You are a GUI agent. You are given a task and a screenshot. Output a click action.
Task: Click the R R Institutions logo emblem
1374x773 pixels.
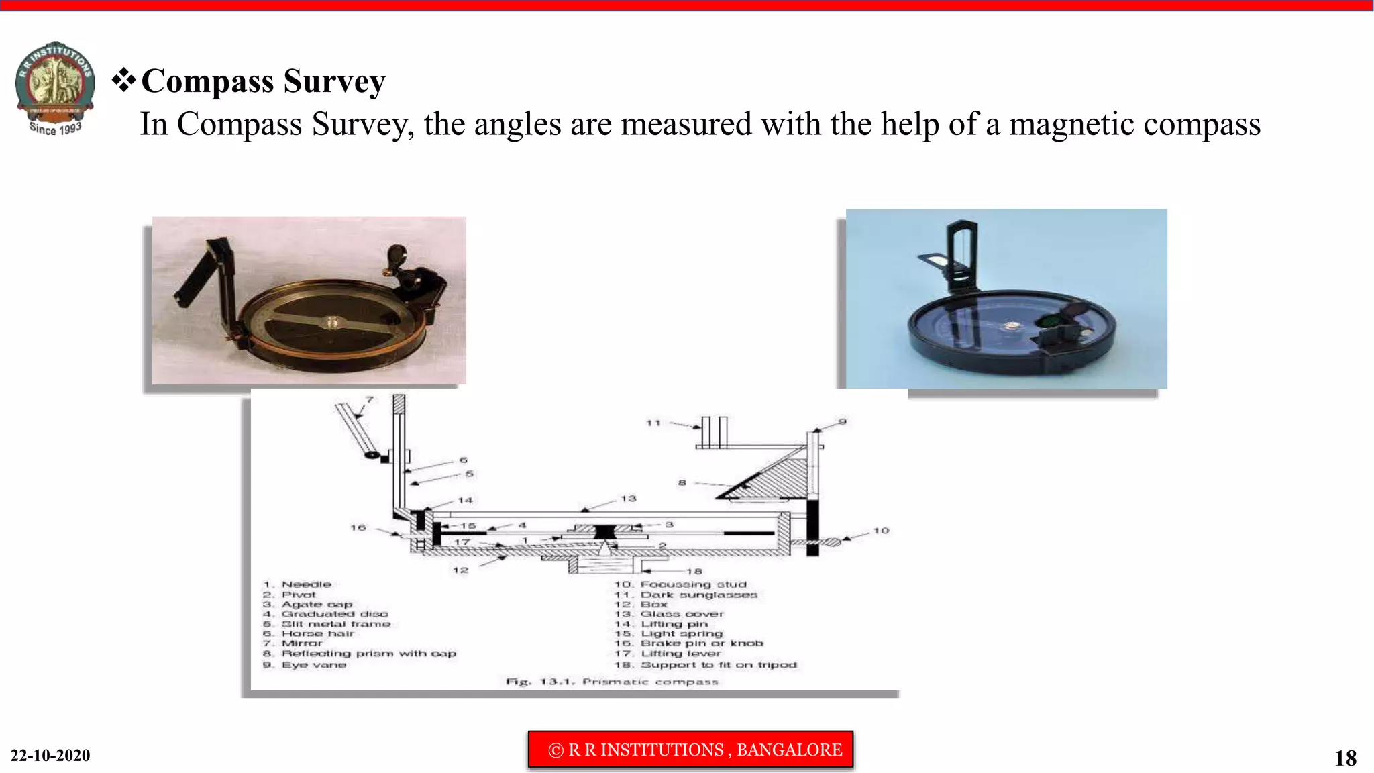pos(55,87)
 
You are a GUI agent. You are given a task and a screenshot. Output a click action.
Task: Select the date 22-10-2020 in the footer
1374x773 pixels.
pos(50,756)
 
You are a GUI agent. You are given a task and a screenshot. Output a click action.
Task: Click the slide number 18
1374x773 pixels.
pos(1345,758)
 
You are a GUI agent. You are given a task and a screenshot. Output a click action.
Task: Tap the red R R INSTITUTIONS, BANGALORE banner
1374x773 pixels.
pos(690,750)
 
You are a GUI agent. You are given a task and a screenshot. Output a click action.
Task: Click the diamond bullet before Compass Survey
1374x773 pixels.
pos(123,80)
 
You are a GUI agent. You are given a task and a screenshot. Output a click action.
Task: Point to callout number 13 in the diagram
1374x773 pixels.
pos(628,499)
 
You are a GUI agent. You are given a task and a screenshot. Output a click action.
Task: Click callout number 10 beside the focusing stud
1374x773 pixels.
pos(881,531)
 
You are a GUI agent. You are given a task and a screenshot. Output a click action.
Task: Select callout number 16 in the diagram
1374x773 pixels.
pos(358,528)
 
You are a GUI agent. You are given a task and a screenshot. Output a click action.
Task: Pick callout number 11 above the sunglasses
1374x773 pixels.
pos(653,423)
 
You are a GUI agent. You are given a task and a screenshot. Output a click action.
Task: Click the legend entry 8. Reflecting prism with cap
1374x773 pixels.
pos(360,654)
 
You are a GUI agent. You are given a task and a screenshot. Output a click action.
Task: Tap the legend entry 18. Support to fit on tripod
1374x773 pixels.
pos(706,665)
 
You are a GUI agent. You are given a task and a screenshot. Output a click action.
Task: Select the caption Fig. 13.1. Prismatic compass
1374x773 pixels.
pos(612,682)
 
